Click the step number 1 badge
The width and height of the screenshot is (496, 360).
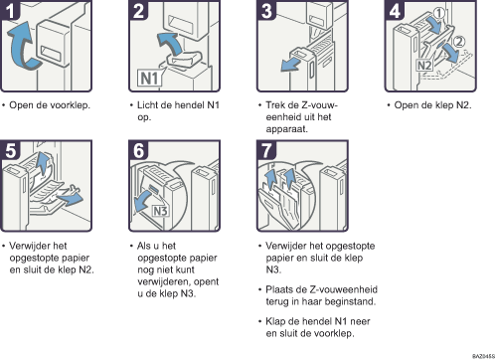[10, 10]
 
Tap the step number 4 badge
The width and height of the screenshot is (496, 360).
[395, 10]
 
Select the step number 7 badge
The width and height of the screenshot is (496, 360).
[266, 150]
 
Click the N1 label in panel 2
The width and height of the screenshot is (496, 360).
[150, 79]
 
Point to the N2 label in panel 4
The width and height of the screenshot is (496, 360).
[424, 66]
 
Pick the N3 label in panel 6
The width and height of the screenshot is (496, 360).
[160, 211]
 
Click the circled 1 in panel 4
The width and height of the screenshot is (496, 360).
[439, 13]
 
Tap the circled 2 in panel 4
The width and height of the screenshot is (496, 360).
[459, 42]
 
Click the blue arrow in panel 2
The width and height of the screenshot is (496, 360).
[171, 43]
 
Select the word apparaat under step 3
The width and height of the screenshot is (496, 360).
[286, 129]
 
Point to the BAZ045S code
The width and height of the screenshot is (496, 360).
[484, 356]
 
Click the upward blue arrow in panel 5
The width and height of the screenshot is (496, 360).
[42, 162]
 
